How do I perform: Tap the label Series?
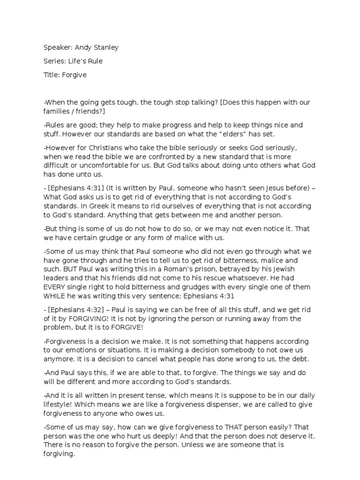pos(55,61)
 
